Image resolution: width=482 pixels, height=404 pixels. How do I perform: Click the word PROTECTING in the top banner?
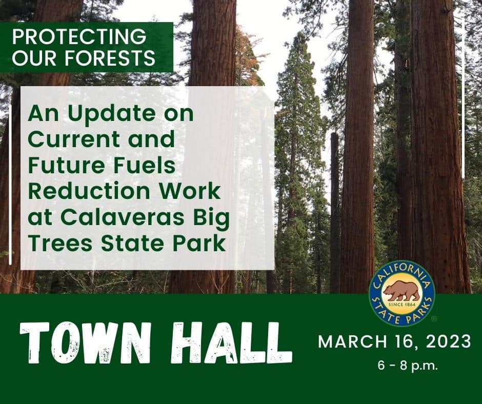79,36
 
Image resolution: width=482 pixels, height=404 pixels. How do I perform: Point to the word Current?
74,139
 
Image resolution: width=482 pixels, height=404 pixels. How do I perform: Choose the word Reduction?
89,191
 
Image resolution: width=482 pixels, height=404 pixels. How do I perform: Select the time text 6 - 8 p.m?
407,366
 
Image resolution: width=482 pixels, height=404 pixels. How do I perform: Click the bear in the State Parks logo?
401,291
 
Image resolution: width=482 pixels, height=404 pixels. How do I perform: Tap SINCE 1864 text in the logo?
402,305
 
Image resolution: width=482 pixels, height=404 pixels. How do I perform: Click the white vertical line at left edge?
10,185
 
